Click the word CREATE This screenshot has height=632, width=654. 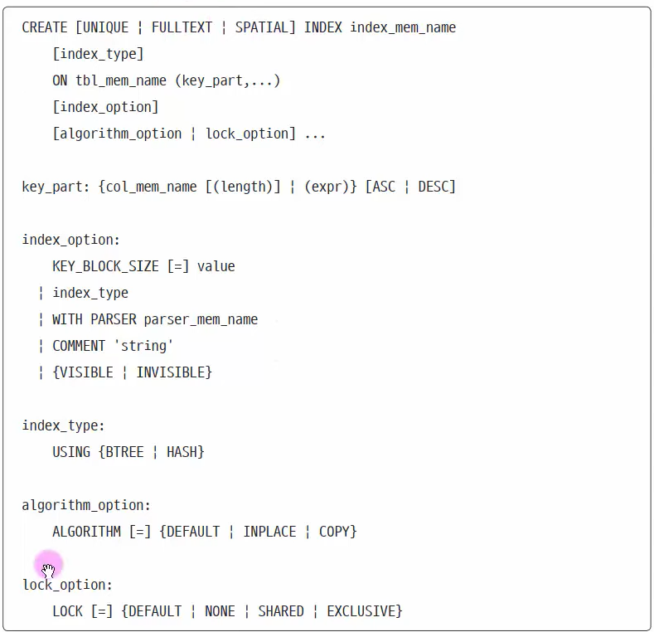(x=45, y=27)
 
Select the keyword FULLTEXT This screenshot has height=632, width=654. (x=182, y=27)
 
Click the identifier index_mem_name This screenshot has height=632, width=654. (x=403, y=27)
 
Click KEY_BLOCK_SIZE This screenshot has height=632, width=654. (x=105, y=266)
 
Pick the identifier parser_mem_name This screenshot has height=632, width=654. (x=201, y=319)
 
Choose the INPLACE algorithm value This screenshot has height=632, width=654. (x=269, y=532)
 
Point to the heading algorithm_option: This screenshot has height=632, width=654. (x=86, y=505)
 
